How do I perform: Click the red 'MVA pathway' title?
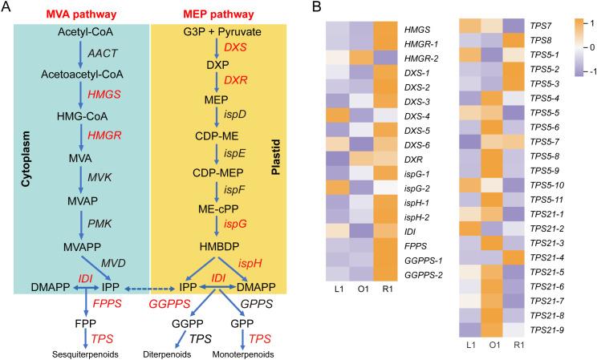(79, 13)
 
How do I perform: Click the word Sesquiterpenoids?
(82, 352)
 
